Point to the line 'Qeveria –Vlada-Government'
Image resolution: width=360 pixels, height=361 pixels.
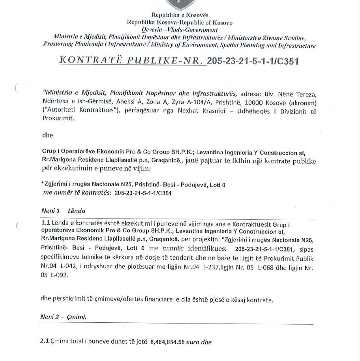tap(180, 30)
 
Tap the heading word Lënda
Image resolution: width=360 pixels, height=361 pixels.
tap(76, 211)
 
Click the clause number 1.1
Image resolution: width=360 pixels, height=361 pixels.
tap(46, 224)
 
